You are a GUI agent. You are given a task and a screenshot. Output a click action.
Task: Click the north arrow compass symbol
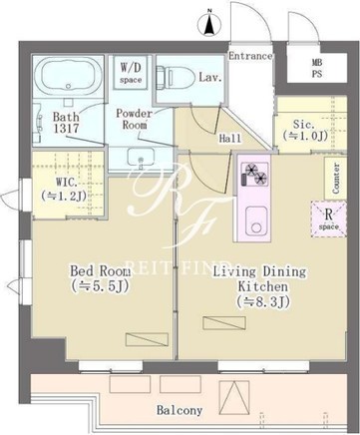pos(209,23)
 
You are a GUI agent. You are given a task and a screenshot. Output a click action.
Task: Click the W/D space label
pos(131,73)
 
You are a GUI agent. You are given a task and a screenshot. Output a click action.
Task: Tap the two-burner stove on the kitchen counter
pos(255,174)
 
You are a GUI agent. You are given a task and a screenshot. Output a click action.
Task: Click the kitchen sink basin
pos(256,220)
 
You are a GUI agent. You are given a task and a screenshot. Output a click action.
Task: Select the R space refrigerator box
pos(328,219)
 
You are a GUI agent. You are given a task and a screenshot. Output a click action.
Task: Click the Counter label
pos(336,179)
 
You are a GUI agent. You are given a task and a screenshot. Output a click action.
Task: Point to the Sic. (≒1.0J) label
pos(305,130)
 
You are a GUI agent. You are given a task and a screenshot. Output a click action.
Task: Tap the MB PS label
pos(317,68)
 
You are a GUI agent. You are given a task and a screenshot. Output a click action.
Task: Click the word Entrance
pos(250,56)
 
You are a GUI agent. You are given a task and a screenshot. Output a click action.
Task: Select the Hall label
pos(229,138)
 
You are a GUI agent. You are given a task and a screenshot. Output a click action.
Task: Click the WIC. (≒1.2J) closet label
pos(64,190)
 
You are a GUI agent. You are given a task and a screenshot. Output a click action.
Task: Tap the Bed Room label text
pos(100,271)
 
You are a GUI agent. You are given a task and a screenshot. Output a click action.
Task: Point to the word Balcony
pos(180,411)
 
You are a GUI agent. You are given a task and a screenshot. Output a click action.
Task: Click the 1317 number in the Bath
pos(67,128)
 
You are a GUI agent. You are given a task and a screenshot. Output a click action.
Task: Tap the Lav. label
pos(210,78)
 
